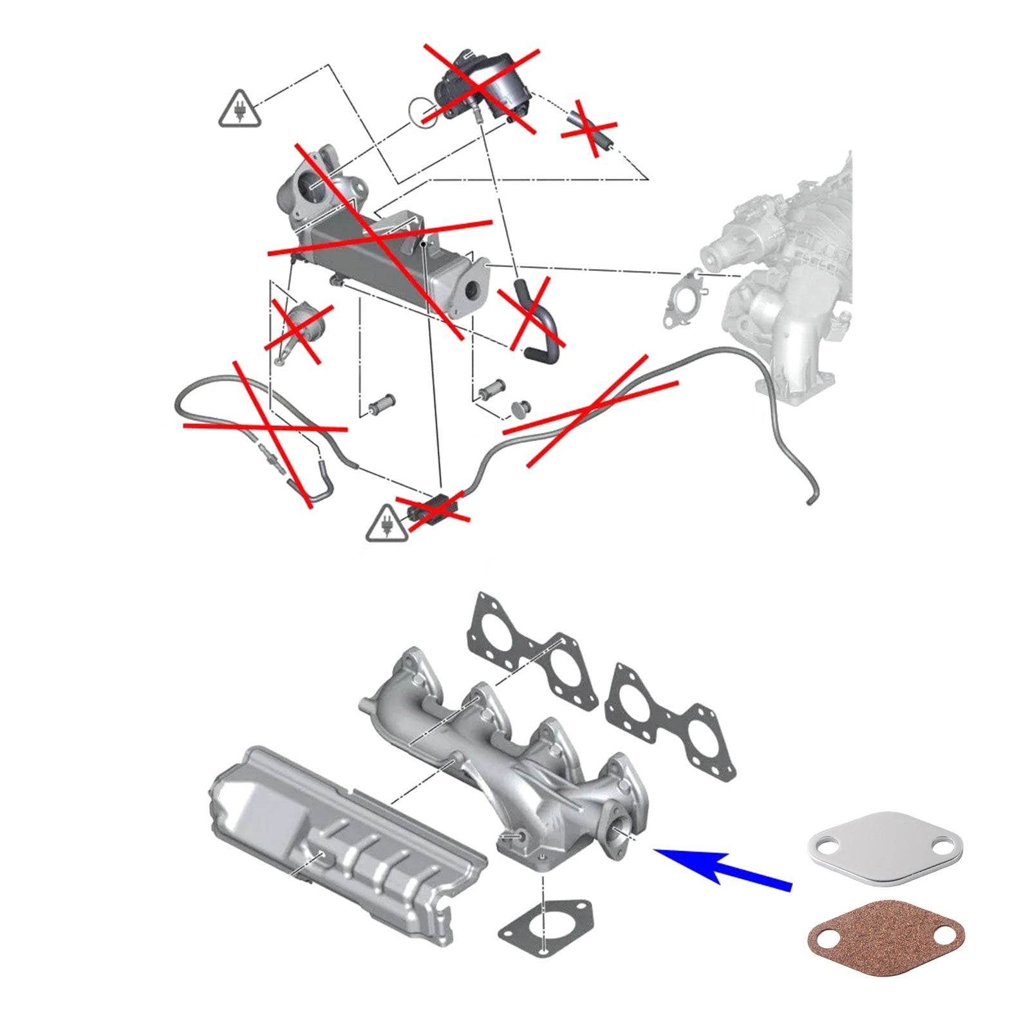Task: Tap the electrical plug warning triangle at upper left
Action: point(239,110)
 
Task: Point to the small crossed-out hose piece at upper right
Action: point(587,129)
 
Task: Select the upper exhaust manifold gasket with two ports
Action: point(532,651)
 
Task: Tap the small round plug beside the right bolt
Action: point(520,407)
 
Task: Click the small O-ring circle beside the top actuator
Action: point(423,111)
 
